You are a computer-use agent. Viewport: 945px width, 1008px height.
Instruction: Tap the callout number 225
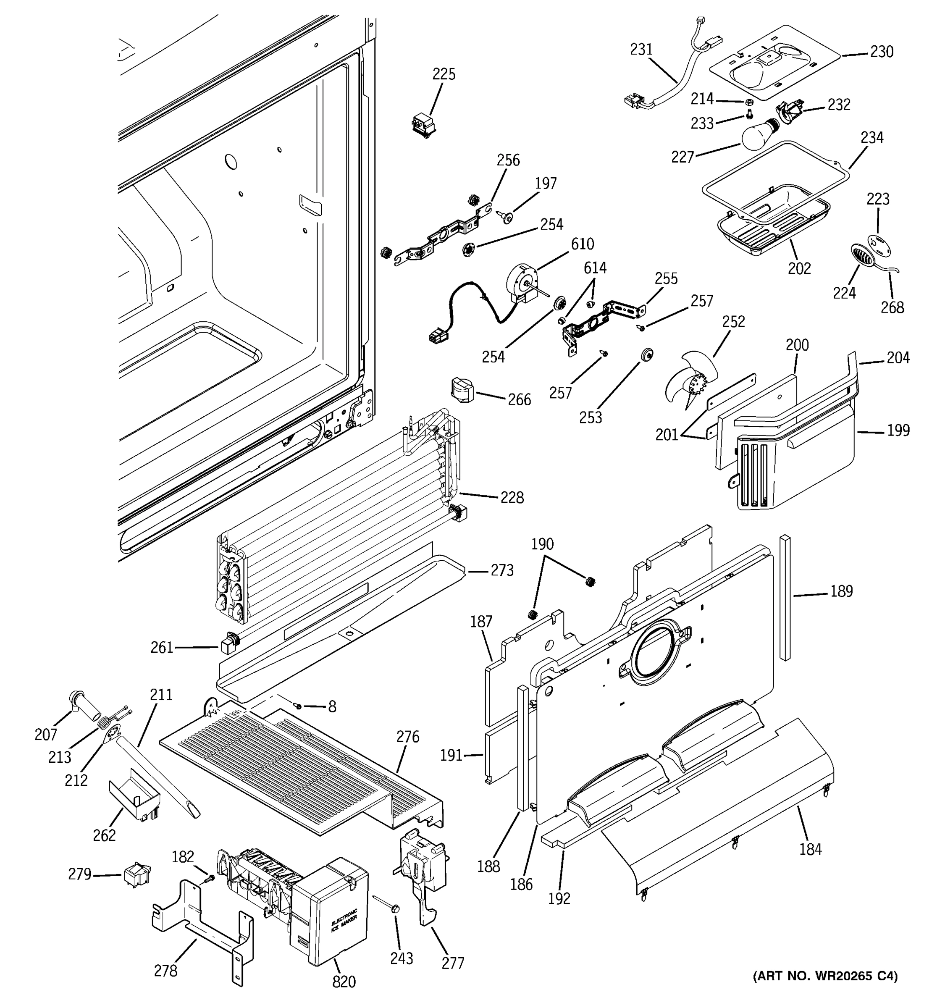(444, 74)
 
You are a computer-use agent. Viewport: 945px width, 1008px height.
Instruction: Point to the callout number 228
(512, 497)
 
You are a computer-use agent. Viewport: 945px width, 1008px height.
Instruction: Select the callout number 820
(344, 982)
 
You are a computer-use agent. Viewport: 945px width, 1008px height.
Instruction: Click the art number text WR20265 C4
(825, 976)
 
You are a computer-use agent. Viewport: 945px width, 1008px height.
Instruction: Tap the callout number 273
(502, 570)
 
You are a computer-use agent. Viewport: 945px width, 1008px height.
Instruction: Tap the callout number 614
(595, 268)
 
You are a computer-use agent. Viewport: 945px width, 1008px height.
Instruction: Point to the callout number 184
(810, 848)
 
